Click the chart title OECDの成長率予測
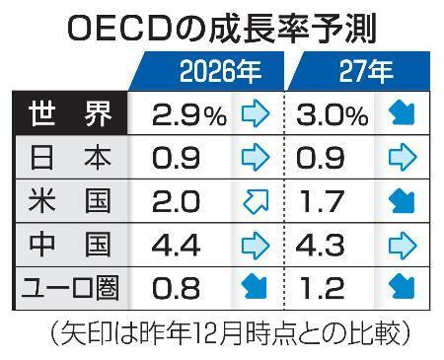(222, 29)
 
